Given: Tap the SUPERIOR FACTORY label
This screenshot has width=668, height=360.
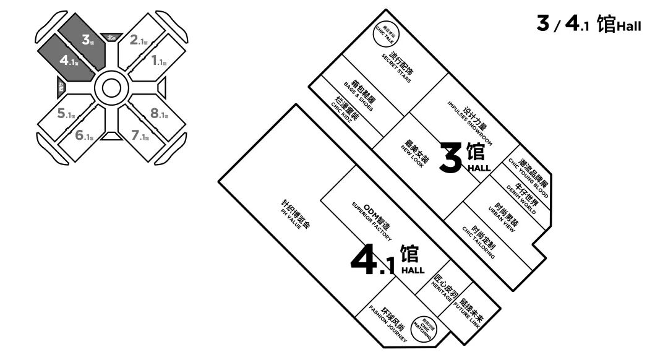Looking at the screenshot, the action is pos(374,220).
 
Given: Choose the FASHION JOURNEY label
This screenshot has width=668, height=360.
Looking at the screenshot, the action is pos(390,321).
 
